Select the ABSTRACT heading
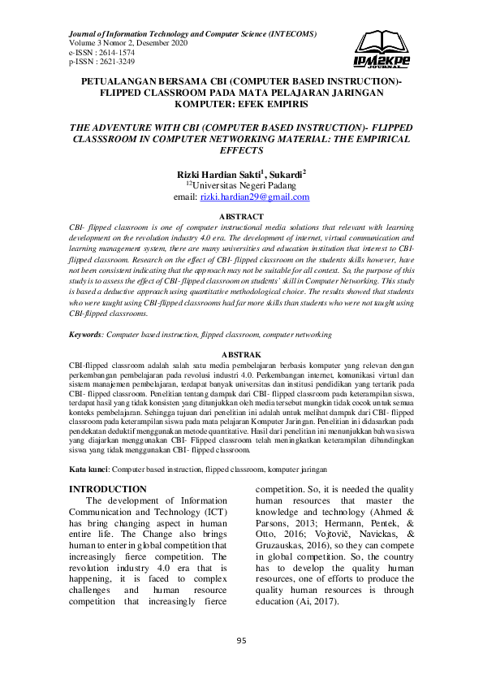pyautogui.click(x=241, y=216)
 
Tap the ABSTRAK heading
pyautogui.click(x=241, y=377)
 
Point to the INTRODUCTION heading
pyautogui.click(x=107, y=489)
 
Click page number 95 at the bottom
pyautogui.click(x=241, y=641)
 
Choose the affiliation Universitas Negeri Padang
pyautogui.click(x=245, y=186)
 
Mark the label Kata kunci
pyautogui.click(x=88, y=470)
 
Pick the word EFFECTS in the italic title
pyautogui.click(x=241, y=151)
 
